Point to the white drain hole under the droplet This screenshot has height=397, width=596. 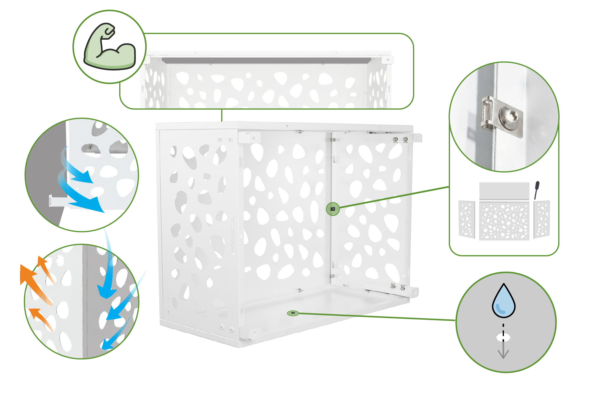coord(503,338)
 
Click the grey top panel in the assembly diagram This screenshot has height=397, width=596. coord(504,190)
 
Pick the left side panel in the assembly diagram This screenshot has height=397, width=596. coord(467,219)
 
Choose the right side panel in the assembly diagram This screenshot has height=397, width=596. coord(542,219)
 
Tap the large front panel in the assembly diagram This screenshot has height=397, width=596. coord(504,221)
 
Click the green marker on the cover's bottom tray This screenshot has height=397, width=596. coord(293,313)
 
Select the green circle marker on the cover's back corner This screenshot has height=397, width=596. coord(333,209)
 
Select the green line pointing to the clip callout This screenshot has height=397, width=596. coord(393,197)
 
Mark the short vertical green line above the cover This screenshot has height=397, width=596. coord(222,115)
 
